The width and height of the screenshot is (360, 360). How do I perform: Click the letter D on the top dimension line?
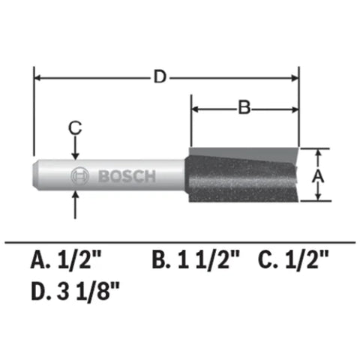(x=158, y=76)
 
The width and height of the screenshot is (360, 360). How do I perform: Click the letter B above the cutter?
(x=244, y=108)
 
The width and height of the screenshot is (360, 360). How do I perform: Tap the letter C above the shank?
(x=74, y=128)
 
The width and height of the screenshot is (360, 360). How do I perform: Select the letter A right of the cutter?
(x=317, y=175)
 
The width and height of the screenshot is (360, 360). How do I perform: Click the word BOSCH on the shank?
(x=127, y=177)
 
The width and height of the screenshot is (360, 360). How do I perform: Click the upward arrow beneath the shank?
(x=74, y=201)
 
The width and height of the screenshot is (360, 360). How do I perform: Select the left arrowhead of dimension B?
(x=196, y=109)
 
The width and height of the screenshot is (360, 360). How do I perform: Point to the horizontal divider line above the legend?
(x=180, y=241)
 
